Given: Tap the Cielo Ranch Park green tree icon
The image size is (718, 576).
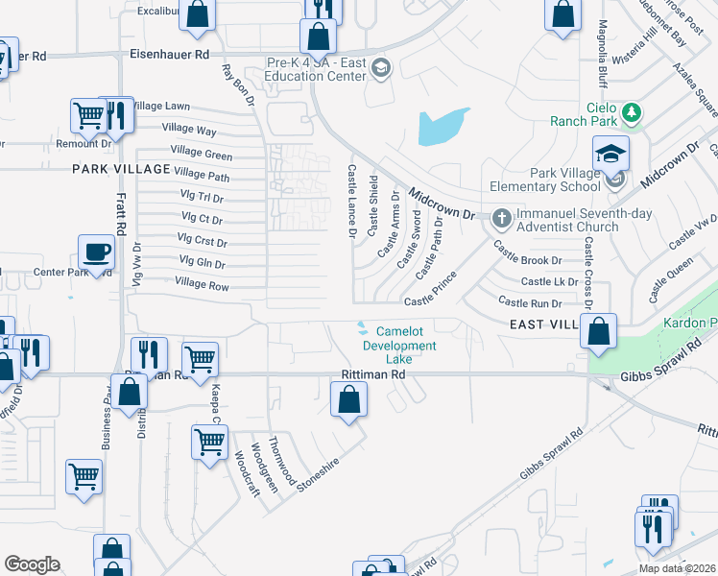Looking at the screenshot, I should [632, 114].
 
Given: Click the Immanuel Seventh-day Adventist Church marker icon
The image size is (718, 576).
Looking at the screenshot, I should [500, 218].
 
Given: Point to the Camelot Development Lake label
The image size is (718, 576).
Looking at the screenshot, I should [399, 346].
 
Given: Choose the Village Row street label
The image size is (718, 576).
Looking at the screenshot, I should [202, 286].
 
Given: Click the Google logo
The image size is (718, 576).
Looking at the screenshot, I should [32, 564].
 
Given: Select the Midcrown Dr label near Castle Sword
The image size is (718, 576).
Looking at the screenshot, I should [443, 203].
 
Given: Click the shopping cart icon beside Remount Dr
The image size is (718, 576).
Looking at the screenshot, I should [88, 116].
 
